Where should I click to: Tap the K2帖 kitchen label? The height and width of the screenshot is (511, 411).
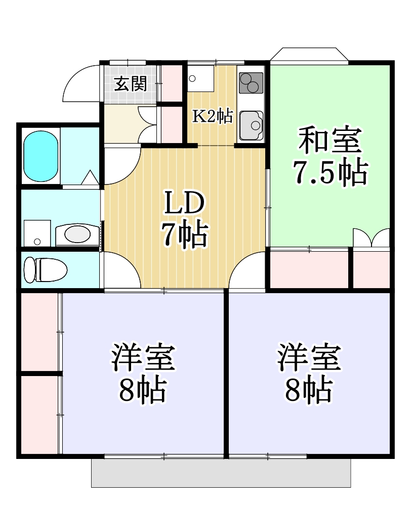pyautogui.click(x=213, y=117)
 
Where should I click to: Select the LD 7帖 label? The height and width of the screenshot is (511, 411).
pyautogui.click(x=184, y=219)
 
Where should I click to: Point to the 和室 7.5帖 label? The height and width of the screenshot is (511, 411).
pyautogui.click(x=330, y=157)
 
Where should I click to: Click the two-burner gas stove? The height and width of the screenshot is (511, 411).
pyautogui.click(x=251, y=83)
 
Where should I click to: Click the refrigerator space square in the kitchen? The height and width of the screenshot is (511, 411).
pyautogui.click(x=200, y=78)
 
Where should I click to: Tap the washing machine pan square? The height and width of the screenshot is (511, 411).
pyautogui.click(x=37, y=233)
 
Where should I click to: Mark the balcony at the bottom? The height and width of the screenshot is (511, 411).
pyautogui.click(x=221, y=473)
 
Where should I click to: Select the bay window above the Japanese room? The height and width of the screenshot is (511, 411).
pyautogui.click(x=309, y=55)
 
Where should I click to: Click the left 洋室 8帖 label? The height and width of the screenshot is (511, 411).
pyautogui.click(x=143, y=373)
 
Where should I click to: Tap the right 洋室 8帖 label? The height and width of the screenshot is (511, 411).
pyautogui.click(x=309, y=373)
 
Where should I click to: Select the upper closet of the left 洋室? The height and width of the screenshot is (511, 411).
pyautogui.click(x=39, y=332)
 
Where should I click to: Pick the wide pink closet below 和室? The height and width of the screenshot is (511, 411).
pyautogui.click(x=309, y=268)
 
